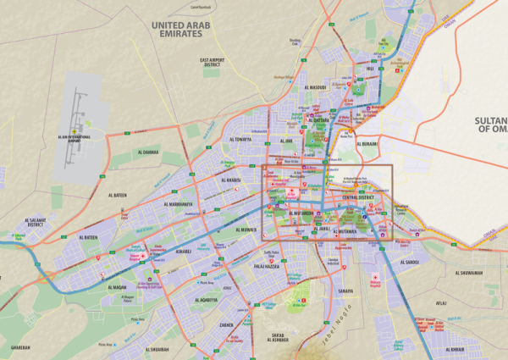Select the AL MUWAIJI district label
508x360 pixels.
[x=245, y=230]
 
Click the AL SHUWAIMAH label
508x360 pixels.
[x=469, y=273]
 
